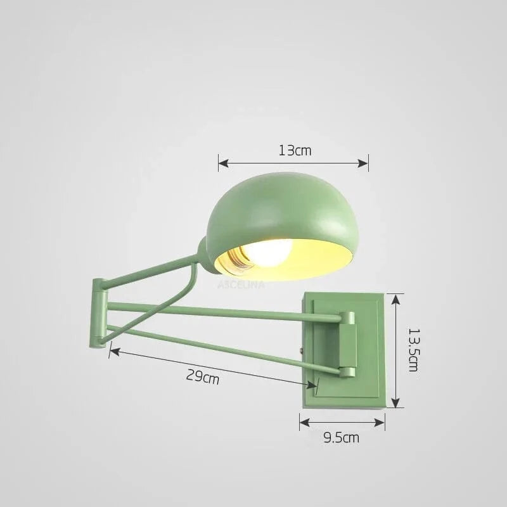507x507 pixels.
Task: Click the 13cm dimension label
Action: [295, 150]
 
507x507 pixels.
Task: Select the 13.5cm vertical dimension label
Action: [413, 349]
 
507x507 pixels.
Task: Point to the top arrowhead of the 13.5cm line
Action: [395, 296]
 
